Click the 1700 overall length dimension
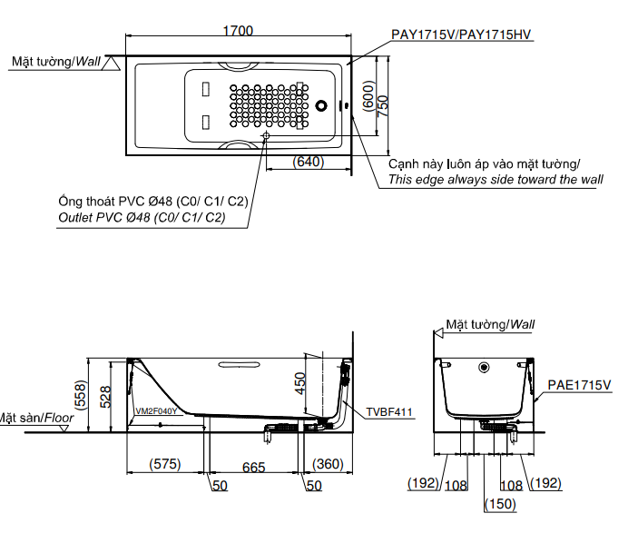(238, 30)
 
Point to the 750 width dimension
(383, 104)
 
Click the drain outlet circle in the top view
(266, 137)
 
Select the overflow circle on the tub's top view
(322, 105)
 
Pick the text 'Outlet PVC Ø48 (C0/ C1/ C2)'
(142, 218)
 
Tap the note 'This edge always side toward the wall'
(496, 180)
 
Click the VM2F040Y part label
(156, 410)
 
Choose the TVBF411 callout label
(390, 411)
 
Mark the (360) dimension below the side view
(328, 465)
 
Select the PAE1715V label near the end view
(580, 386)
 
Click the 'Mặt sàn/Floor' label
(36, 419)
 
